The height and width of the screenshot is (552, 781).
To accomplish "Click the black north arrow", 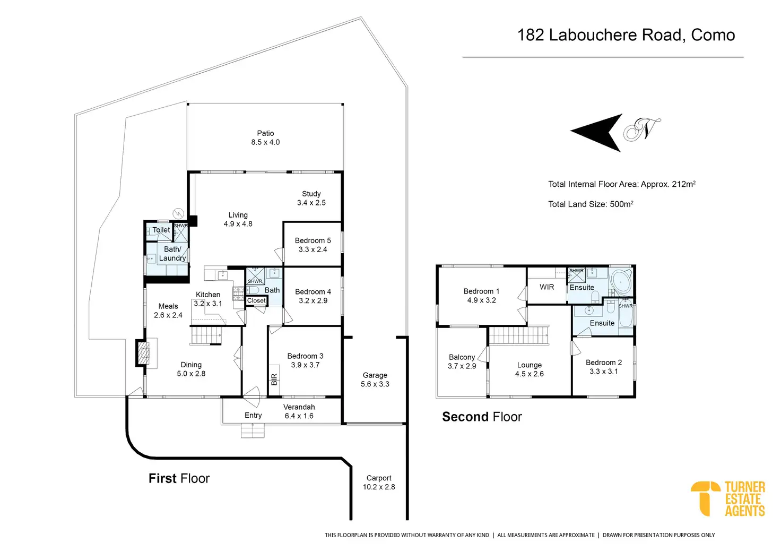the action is tap(597, 133).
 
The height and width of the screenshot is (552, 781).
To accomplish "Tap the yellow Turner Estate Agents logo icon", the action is tap(705, 498).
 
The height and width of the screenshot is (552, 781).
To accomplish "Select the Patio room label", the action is tap(265, 133).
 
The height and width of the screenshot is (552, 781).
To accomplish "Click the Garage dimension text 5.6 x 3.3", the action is tap(375, 384).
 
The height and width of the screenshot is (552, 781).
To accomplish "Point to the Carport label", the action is tap(379, 478).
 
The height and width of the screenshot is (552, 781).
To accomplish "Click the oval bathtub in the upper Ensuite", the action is tap(621, 282).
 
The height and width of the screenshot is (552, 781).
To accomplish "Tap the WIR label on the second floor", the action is tap(546, 287).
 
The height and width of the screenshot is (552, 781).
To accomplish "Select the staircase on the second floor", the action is tap(518, 335).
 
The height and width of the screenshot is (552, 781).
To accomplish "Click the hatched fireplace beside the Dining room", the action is tap(144, 353).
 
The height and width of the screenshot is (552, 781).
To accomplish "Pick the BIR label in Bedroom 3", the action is tap(274, 379).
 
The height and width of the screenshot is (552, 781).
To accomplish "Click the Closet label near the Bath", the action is tap(256, 300).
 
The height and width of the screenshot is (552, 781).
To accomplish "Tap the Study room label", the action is tap(311, 194).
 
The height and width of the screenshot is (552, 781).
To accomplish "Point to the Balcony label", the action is tap(462, 357).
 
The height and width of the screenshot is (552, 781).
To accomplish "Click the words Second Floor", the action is tap(482, 417).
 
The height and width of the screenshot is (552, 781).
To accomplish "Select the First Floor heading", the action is tap(179, 478).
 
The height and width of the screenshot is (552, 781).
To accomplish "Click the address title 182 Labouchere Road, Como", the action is tap(626, 35).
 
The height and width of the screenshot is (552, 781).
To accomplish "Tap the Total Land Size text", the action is tap(591, 204).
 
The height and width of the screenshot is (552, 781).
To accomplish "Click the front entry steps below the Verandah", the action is tap(253, 430).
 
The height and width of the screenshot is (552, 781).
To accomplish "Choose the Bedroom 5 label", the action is tap(313, 240).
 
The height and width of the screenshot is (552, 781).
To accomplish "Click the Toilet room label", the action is tap(161, 230).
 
